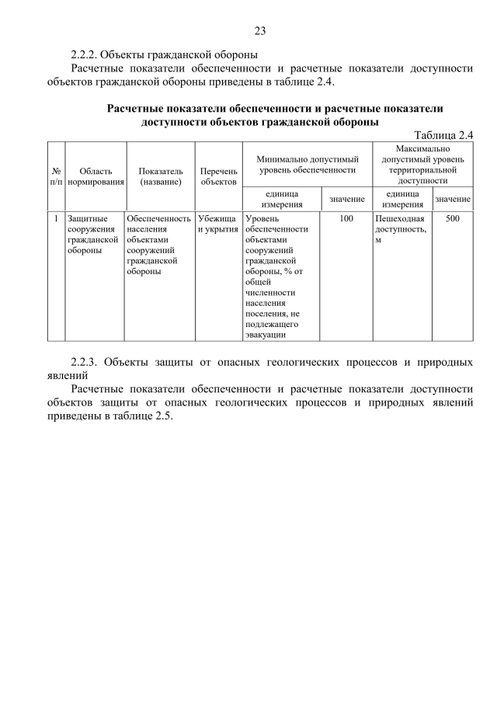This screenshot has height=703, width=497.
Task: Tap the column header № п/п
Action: [x=56, y=176]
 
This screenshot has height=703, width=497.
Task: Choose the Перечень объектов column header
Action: [x=218, y=176]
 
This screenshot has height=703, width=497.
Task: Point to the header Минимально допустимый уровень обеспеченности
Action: [x=308, y=164]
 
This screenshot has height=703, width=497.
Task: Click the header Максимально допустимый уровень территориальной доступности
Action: [x=422, y=164]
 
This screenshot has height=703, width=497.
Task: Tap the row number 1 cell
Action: [x=56, y=219]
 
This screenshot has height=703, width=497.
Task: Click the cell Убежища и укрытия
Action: [x=217, y=224]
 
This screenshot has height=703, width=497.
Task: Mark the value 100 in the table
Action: [x=346, y=219]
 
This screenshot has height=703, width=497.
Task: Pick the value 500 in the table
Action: [x=453, y=219]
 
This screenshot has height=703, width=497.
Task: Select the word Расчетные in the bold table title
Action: [x=138, y=109]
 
